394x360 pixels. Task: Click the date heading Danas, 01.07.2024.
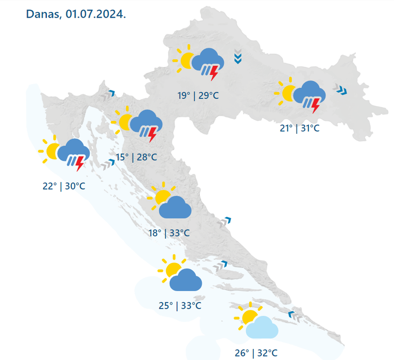click(76, 14)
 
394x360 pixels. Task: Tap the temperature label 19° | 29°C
click(198, 95)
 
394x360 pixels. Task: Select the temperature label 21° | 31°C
click(299, 128)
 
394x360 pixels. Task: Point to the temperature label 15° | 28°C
click(137, 157)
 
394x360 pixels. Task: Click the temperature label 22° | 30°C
click(64, 186)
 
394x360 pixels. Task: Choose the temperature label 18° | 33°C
click(169, 232)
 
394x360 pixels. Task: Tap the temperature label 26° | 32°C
click(256, 353)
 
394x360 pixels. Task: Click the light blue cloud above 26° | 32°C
click(262, 328)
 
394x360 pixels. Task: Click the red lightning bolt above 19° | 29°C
click(214, 73)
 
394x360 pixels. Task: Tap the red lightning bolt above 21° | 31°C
click(316, 105)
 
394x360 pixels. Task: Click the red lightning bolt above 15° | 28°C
click(152, 134)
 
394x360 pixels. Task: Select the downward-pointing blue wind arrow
click(238, 58)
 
